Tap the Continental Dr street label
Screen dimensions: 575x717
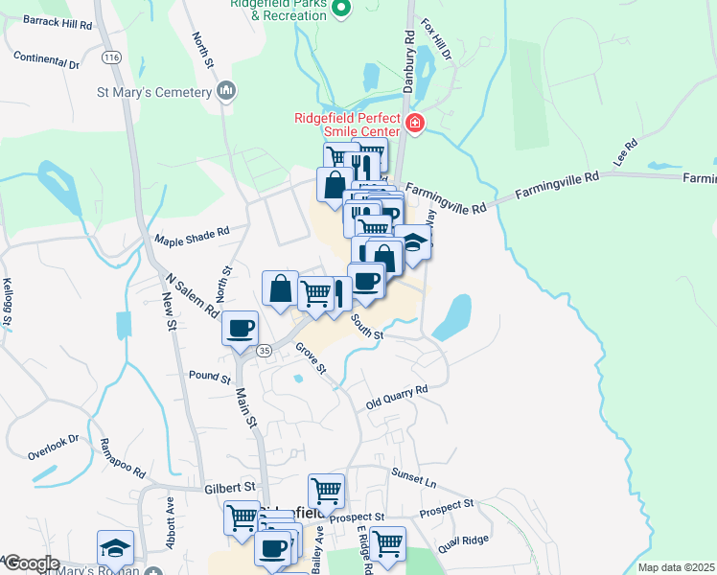coord(46,61)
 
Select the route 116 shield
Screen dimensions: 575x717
coord(111,58)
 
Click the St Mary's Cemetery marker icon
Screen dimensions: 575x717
coord(226,92)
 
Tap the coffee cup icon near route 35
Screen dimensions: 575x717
coord(241,328)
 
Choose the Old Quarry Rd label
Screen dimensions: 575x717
coord(396,398)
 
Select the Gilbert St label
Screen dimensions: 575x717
coord(229,488)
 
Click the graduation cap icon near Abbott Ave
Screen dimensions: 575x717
coord(116,547)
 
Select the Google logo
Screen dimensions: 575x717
coord(31,563)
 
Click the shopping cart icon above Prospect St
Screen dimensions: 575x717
coord(326,490)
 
